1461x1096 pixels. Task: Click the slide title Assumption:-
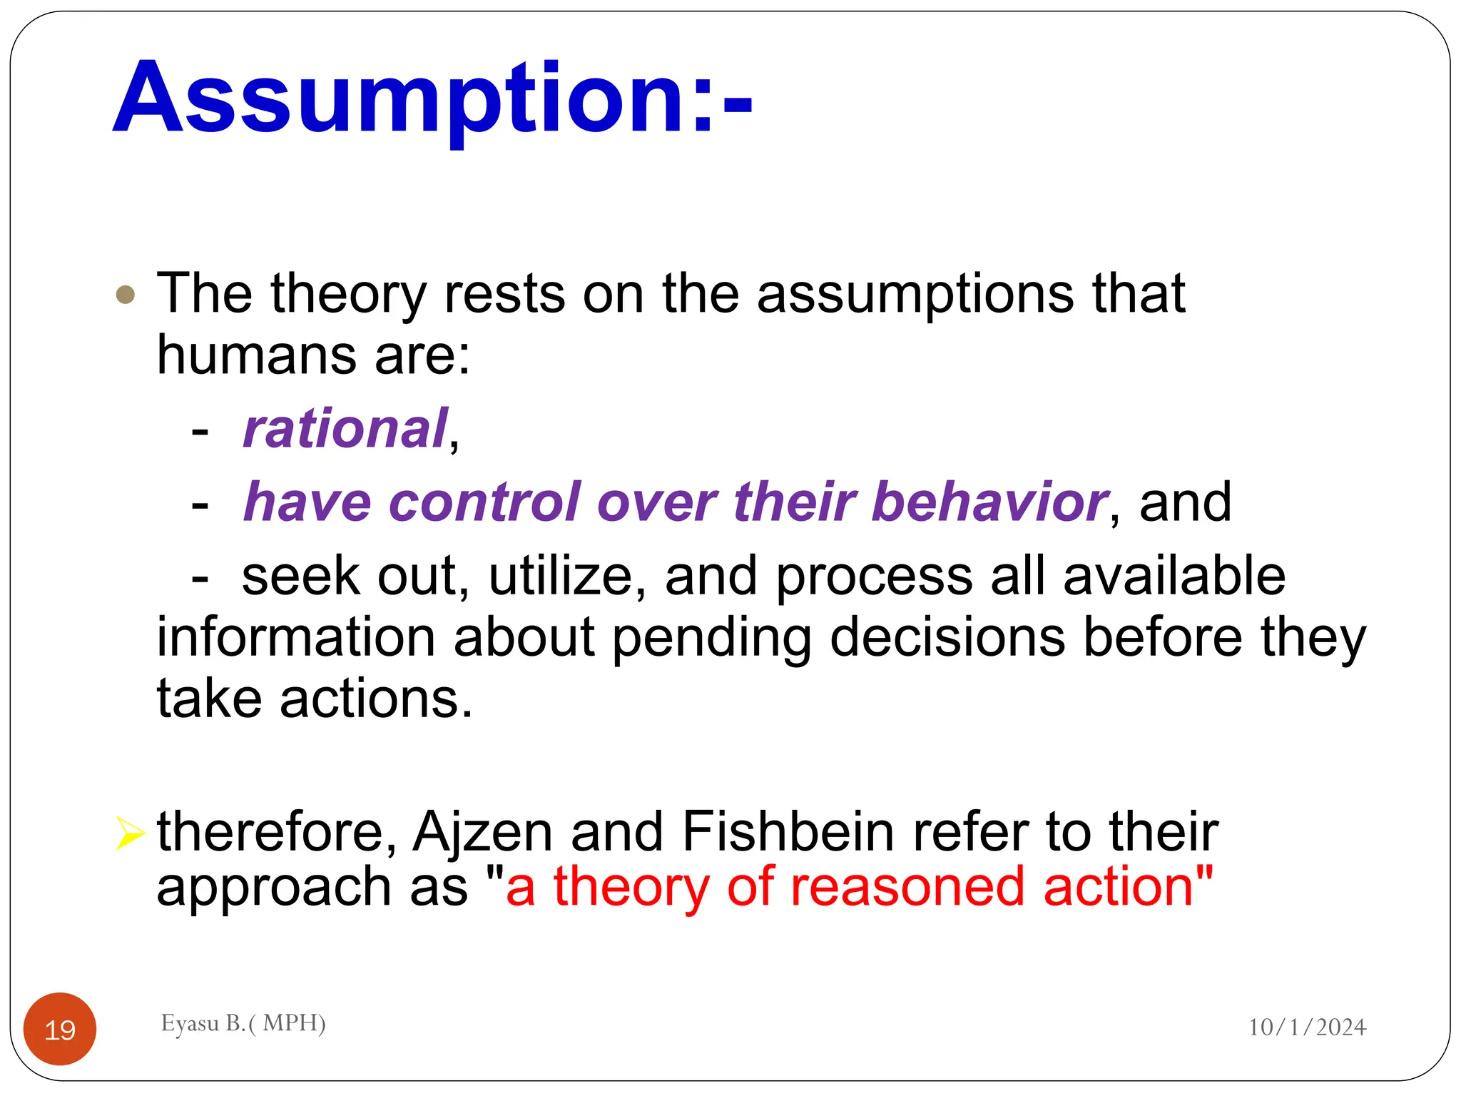point(432,98)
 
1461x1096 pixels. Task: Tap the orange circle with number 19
point(60,1029)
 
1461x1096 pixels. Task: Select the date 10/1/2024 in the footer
point(1307,1027)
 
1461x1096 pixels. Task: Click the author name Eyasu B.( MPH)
point(243,1023)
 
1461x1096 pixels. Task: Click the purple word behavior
point(989,502)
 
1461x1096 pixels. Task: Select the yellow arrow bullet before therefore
point(130,833)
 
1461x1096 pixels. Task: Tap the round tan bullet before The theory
point(126,295)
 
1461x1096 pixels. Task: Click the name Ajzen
point(483,833)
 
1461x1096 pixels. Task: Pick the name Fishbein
point(788,831)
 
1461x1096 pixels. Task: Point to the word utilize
point(560,577)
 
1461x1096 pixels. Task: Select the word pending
point(711,639)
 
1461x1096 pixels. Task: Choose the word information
point(296,637)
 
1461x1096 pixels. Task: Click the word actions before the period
point(370,699)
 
